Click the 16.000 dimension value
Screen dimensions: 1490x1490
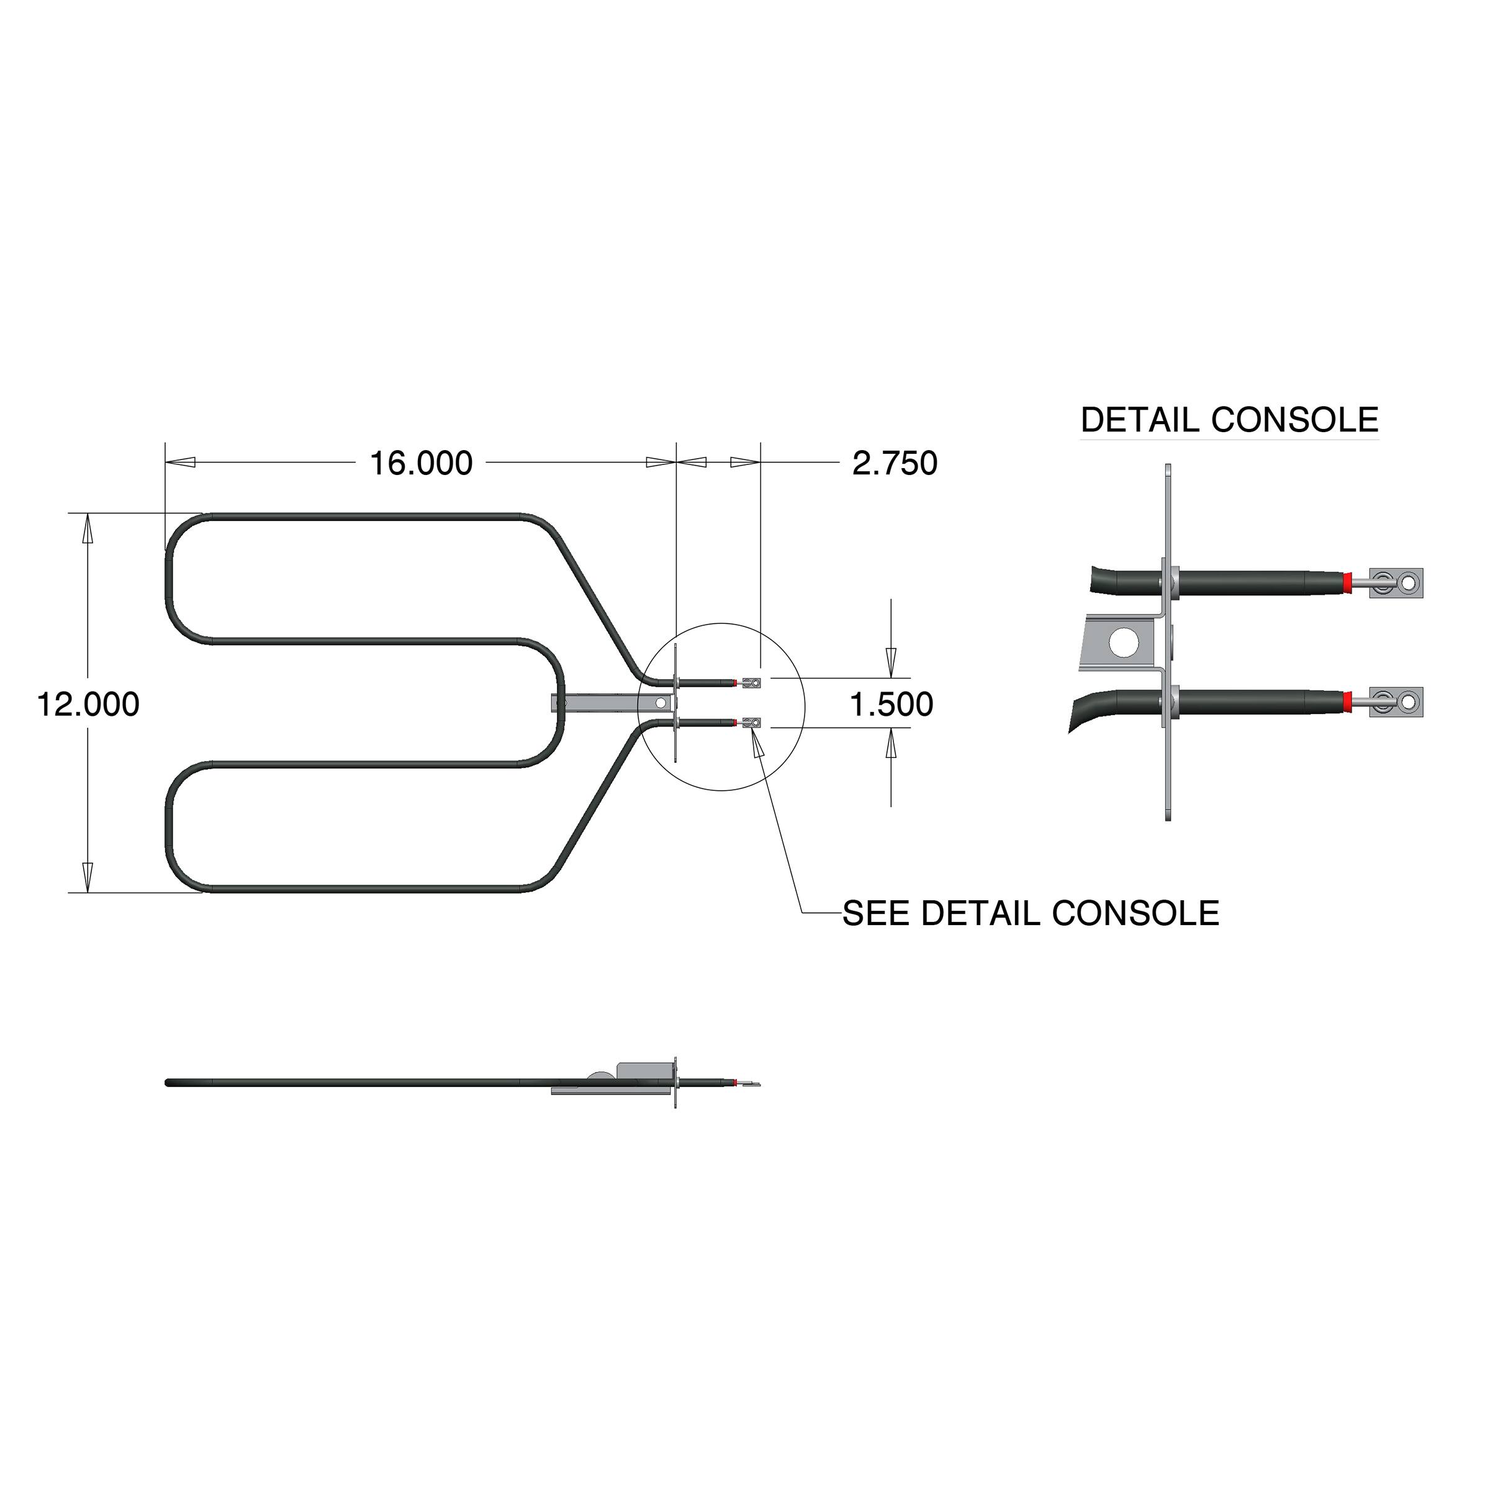pyautogui.click(x=421, y=464)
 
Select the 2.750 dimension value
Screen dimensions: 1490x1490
pyautogui.click(x=895, y=464)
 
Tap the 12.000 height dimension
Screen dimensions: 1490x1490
pyautogui.click(x=88, y=705)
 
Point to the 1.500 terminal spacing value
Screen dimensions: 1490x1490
pyautogui.click(x=891, y=705)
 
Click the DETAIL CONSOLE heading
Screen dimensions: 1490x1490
pyautogui.click(x=1229, y=420)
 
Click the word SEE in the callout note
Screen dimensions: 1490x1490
pyautogui.click(x=876, y=914)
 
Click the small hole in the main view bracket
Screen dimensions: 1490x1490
pyautogui.click(x=661, y=703)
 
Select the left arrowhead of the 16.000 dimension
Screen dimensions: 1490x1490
pyautogui.click(x=181, y=463)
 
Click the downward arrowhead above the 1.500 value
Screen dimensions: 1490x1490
pyautogui.click(x=891, y=660)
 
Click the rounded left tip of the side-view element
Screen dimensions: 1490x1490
pyautogui.click(x=169, y=1083)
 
